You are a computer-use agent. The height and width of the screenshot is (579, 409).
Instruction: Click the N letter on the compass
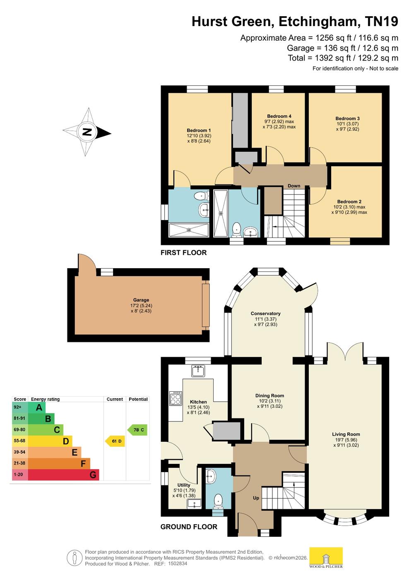click(x=87, y=132)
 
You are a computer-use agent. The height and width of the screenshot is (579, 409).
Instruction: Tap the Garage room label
click(x=141, y=300)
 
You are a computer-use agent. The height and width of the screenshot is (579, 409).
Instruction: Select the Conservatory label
click(x=265, y=314)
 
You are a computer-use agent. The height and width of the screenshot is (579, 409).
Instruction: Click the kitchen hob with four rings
click(x=176, y=398)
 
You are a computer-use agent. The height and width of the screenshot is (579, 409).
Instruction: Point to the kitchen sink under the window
click(x=198, y=371)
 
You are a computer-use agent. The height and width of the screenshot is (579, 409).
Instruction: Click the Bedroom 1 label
click(x=199, y=131)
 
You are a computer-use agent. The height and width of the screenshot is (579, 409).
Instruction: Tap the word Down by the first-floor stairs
click(x=294, y=186)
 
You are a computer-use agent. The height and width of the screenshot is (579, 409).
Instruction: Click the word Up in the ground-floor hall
click(x=256, y=498)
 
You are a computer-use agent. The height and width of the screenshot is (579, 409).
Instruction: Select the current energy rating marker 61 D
click(x=115, y=441)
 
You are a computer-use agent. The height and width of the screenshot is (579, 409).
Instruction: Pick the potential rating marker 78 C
click(x=137, y=430)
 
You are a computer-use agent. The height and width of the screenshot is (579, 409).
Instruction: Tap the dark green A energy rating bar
click(x=36, y=408)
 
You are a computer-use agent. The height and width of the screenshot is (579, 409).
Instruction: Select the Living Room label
click(x=346, y=434)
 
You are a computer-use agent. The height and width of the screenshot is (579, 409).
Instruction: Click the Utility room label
click(x=183, y=485)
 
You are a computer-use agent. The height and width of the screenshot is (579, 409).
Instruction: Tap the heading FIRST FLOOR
click(x=183, y=253)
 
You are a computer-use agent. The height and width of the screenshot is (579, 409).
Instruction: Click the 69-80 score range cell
click(x=20, y=430)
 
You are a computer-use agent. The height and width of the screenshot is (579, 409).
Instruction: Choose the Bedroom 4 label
click(x=279, y=116)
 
